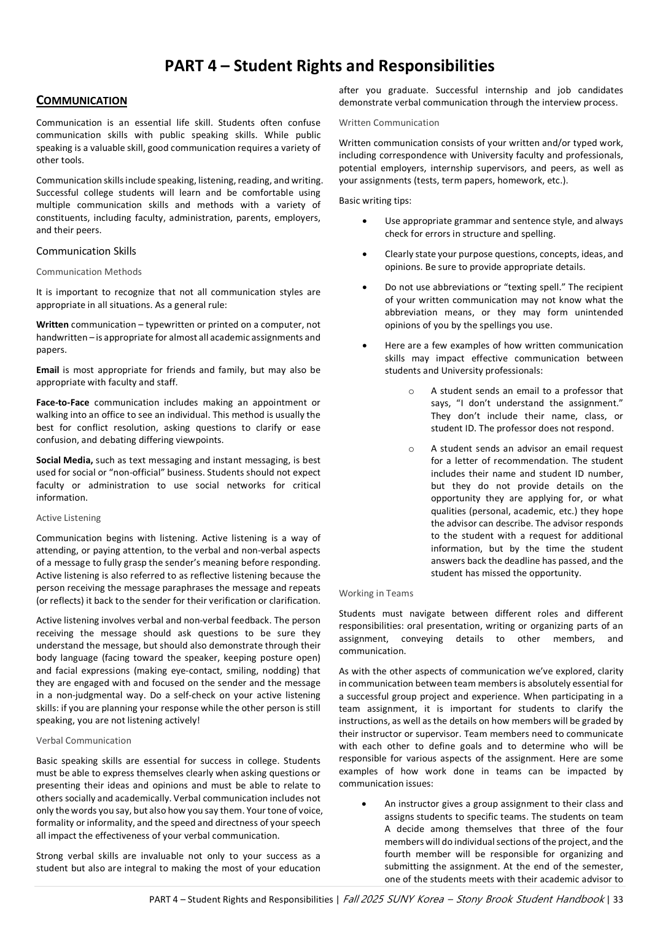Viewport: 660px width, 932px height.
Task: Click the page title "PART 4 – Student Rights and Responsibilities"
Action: (x=329, y=66)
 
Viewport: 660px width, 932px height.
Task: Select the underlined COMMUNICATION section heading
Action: (x=82, y=101)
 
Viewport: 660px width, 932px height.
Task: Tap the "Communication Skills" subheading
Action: (x=86, y=251)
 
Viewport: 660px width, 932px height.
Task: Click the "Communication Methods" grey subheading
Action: (x=89, y=272)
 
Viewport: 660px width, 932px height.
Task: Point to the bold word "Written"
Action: (x=52, y=325)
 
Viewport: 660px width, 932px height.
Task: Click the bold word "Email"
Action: (x=48, y=370)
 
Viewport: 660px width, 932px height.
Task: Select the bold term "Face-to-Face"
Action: (x=63, y=402)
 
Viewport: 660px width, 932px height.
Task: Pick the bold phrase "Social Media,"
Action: (x=64, y=460)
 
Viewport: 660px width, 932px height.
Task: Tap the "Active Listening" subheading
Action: (x=68, y=518)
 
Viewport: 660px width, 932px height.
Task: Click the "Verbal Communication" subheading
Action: (x=83, y=741)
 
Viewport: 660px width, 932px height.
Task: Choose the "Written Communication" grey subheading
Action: (x=389, y=123)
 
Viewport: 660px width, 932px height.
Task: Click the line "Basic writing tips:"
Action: (x=375, y=201)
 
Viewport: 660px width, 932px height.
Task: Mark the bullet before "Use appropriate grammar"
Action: (x=365, y=221)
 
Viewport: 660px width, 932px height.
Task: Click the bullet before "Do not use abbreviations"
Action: (x=365, y=287)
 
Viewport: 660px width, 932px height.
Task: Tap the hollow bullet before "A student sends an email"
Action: (x=411, y=391)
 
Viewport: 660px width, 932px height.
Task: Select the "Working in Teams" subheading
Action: (x=376, y=593)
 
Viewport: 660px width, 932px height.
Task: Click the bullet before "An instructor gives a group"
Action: (x=365, y=804)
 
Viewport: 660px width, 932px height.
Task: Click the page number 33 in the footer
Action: (x=618, y=899)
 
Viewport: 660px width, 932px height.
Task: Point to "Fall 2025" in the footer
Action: (x=363, y=899)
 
